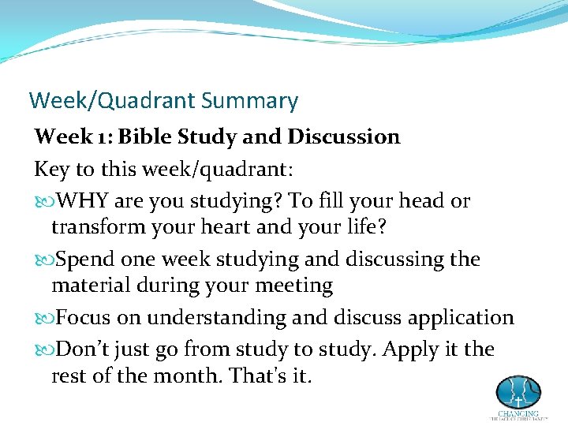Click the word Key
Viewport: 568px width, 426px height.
pos(50,170)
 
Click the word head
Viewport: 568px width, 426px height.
pos(418,201)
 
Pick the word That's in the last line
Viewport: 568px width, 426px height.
pos(256,376)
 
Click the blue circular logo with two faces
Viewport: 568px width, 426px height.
pos(518,392)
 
